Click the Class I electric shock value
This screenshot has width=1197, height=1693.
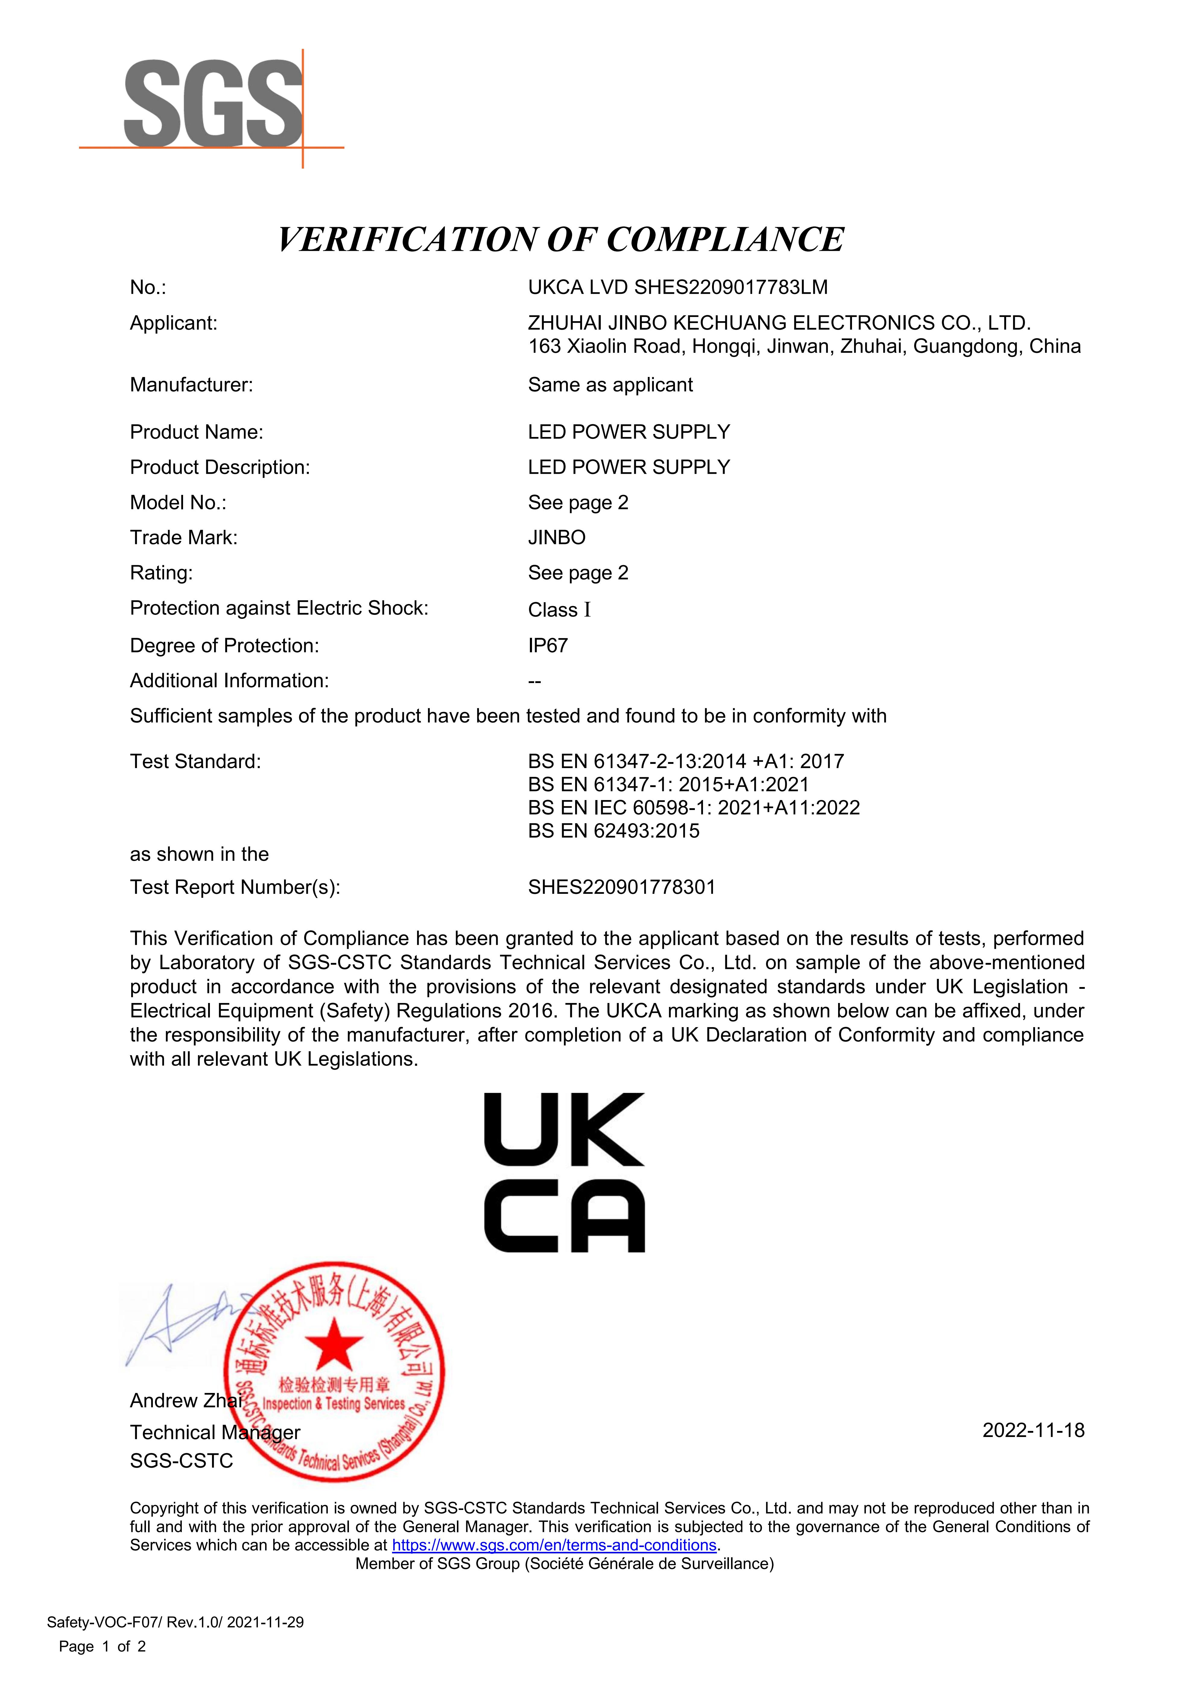[559, 610]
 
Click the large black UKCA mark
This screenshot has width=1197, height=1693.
[564, 1172]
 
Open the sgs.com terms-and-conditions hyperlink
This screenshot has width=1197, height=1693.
[554, 1545]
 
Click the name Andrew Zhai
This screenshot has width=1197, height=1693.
[184, 1400]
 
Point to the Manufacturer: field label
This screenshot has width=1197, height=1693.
[191, 385]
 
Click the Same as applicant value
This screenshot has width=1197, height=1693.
[610, 385]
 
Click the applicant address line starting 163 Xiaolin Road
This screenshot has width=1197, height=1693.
[804, 347]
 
